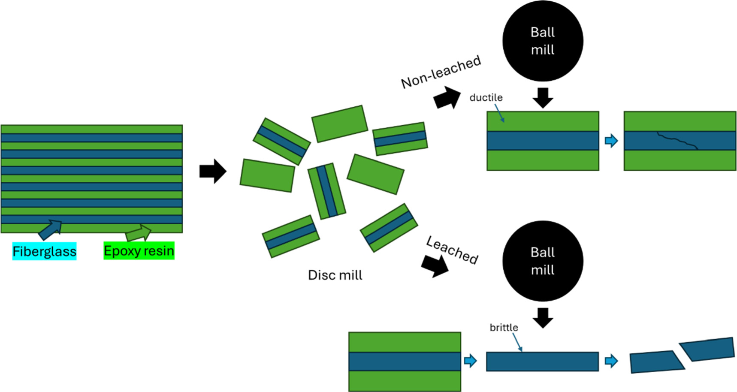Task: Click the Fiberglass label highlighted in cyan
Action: pos(44,251)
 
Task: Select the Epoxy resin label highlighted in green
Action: pos(139,251)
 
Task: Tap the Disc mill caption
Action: pos(335,275)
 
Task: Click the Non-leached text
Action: pos(441,72)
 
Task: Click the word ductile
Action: pos(486,98)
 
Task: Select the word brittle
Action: pos(504,328)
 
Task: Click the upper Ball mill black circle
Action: pos(543,41)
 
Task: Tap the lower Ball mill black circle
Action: pos(543,261)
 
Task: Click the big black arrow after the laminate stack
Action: pos(213,172)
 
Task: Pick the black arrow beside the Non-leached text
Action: pos(447,98)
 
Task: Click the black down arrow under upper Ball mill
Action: pos(543,97)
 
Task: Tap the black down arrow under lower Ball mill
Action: pos(543,317)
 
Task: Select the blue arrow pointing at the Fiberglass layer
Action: pos(51,229)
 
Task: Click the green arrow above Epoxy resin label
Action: pos(139,233)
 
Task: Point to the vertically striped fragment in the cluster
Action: pos(326,191)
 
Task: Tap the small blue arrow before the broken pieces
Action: pos(611,361)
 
